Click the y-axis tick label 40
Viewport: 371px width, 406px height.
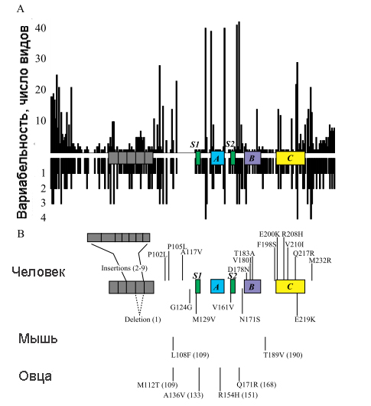coord(41,28)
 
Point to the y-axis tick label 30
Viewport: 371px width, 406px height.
coord(41,59)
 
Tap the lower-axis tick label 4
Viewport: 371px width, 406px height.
coord(43,218)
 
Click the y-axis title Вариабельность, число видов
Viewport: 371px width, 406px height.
coord(23,123)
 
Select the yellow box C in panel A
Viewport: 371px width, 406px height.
coord(291,158)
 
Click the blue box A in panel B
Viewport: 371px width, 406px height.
coord(217,286)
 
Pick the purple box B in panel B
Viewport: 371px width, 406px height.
coord(252,286)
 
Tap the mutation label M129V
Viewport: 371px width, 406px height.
coord(203,319)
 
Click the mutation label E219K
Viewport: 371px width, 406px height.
coord(305,319)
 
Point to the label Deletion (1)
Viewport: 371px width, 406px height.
coord(143,319)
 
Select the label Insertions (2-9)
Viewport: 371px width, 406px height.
coord(125,268)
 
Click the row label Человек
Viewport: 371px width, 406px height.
coord(38,272)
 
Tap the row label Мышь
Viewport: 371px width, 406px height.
coord(37,339)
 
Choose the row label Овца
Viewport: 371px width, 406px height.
coord(35,376)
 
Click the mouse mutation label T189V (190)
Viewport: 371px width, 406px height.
coord(283,355)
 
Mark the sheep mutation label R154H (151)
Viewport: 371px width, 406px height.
coord(238,395)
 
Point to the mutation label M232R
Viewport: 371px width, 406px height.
coord(320,260)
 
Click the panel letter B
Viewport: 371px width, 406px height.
coord(21,234)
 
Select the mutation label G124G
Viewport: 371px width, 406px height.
coord(181,307)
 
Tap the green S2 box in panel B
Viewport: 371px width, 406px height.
coord(233,286)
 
